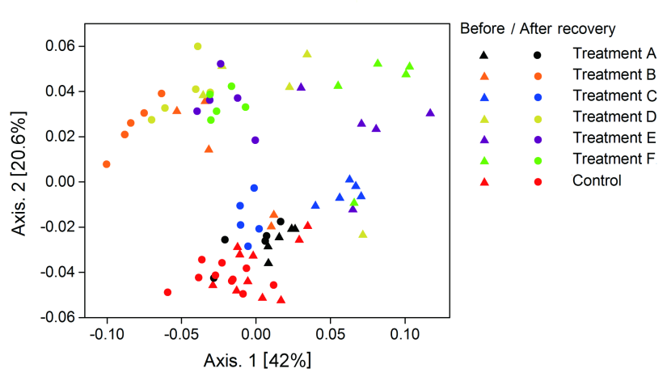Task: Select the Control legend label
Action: pos(597,180)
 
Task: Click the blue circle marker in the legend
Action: pos(538,97)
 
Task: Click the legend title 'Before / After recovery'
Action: pos(538,29)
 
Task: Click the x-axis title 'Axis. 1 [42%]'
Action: pos(257,359)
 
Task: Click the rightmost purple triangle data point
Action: pos(430,112)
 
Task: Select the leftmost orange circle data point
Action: pos(107,164)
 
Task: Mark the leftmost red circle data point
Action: pos(167,292)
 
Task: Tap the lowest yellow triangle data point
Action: pos(363,234)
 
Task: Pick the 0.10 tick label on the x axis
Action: pos(405,333)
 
